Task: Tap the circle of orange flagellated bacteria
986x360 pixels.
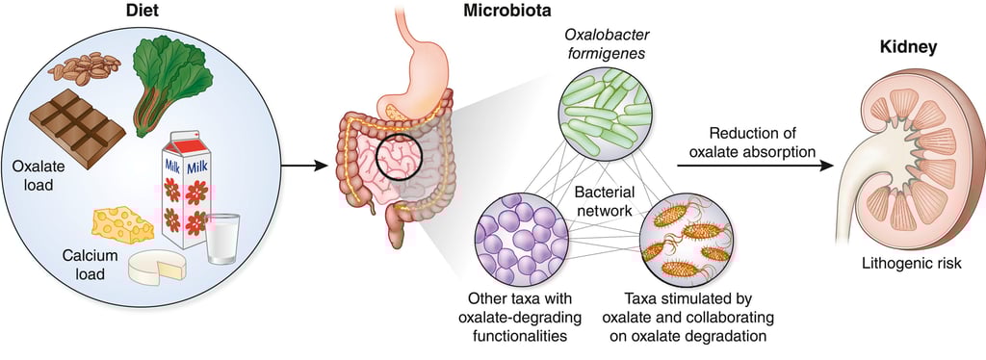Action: pos(687,241)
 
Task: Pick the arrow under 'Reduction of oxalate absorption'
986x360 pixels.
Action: pos(751,166)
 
